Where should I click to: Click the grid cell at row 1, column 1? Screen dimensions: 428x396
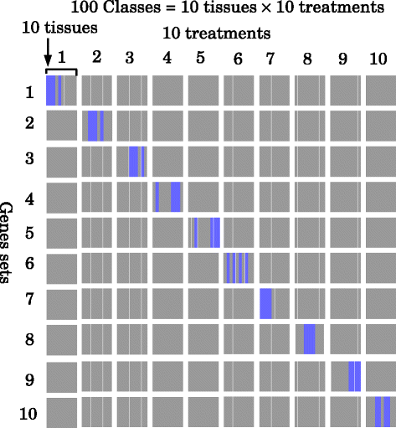(x=61, y=90)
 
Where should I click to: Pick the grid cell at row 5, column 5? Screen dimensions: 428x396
(x=203, y=231)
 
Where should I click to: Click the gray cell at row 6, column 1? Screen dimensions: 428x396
(x=61, y=267)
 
